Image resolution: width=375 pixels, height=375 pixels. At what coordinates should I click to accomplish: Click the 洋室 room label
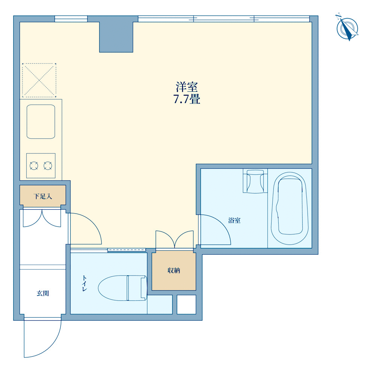(187, 87)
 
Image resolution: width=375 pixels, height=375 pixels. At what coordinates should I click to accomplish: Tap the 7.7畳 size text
(187, 99)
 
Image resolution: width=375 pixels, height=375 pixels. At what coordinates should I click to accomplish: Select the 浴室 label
(234, 220)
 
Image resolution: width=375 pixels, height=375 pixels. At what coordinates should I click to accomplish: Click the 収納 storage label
(174, 270)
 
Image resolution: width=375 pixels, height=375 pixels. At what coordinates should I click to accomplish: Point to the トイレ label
(84, 283)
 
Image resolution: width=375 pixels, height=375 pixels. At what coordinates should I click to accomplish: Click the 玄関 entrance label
(43, 293)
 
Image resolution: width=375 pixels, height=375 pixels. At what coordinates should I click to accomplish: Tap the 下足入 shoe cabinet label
(43, 196)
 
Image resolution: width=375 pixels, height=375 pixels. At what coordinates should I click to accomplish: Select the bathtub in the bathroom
(289, 208)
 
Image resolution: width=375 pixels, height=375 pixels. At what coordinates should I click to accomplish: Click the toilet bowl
(123, 288)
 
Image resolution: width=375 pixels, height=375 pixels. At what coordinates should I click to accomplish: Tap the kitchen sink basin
(41, 121)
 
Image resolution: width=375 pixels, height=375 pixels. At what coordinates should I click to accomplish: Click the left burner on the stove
(34, 166)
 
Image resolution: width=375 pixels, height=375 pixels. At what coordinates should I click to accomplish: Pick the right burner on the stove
(48, 166)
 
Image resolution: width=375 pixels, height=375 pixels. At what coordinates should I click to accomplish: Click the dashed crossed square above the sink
(39, 80)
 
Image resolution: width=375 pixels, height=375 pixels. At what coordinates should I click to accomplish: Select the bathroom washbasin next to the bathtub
(255, 181)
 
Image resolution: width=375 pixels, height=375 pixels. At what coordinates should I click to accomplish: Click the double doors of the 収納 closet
(175, 239)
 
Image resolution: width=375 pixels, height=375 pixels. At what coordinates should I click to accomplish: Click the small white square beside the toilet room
(186, 304)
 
